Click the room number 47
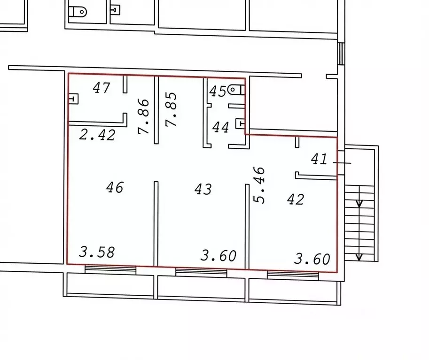(x=101, y=88)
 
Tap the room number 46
(x=115, y=188)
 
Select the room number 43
(x=203, y=189)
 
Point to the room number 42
(x=296, y=199)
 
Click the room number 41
(x=319, y=159)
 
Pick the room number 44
(x=220, y=127)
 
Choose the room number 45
(x=218, y=92)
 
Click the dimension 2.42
(x=97, y=135)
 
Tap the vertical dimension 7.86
(x=144, y=116)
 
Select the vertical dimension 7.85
(x=172, y=110)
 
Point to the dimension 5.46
(x=259, y=185)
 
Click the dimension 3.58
(x=97, y=253)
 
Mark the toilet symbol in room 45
(x=236, y=90)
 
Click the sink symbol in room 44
(x=241, y=123)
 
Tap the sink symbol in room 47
(x=73, y=99)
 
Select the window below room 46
(x=110, y=269)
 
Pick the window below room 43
(x=201, y=273)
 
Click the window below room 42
(x=293, y=275)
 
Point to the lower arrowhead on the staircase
(x=359, y=257)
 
